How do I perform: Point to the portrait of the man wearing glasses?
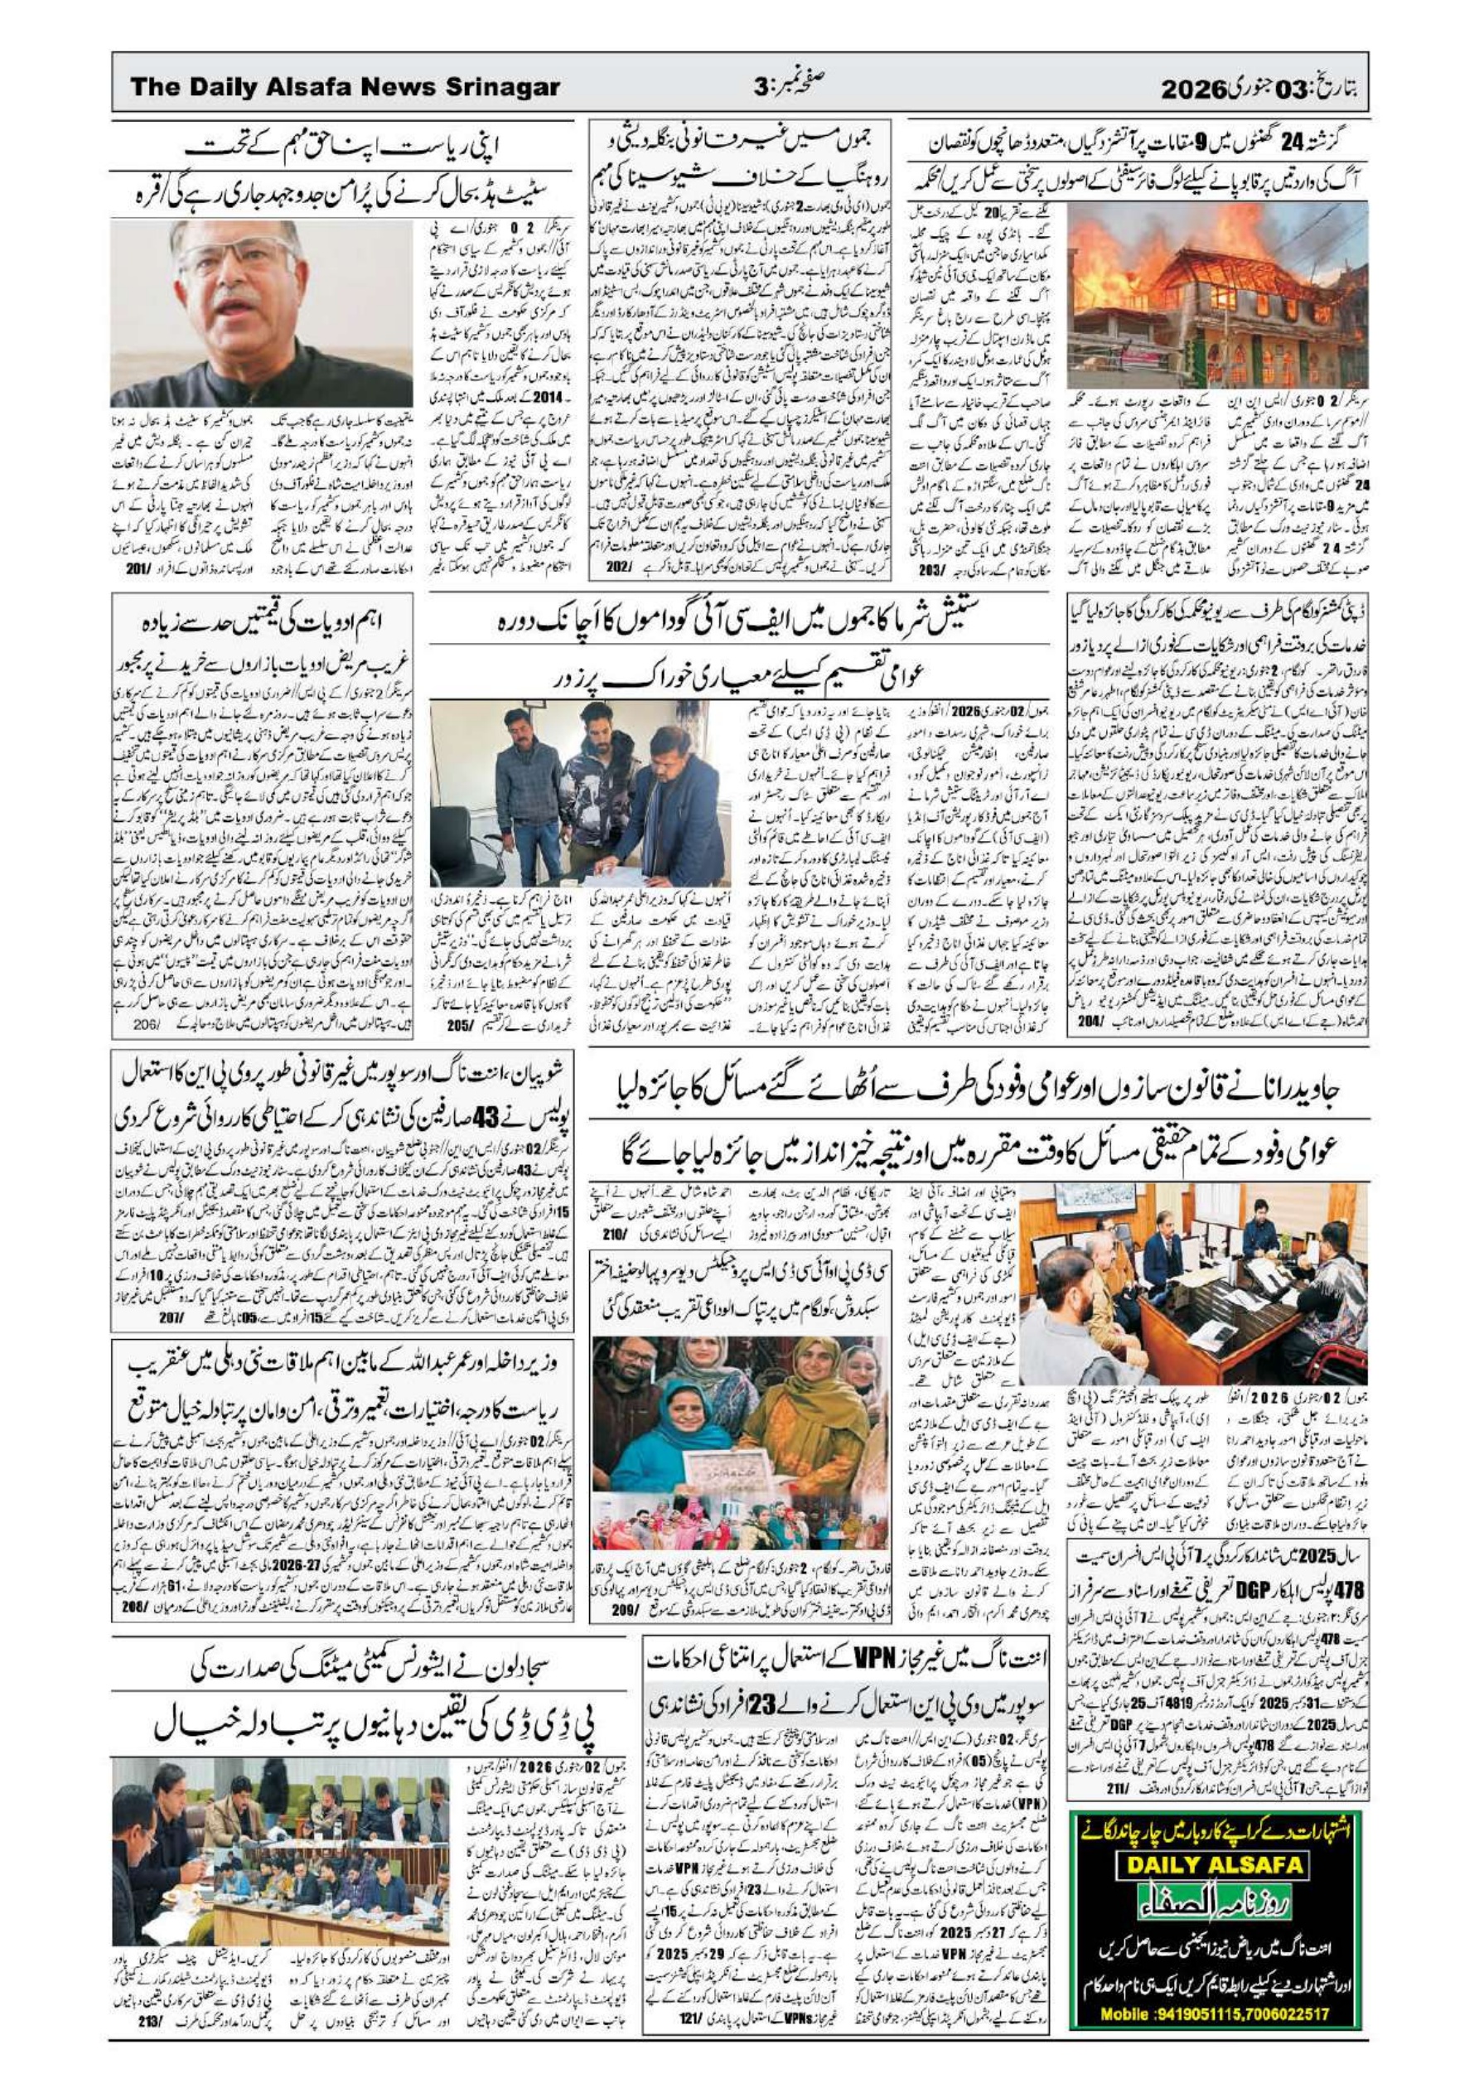tap(261, 312)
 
